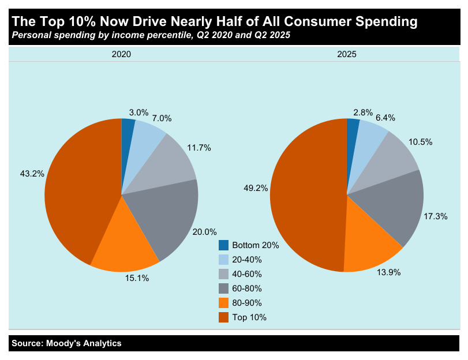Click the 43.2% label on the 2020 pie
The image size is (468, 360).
click(x=32, y=173)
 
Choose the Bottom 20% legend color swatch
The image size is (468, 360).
click(x=223, y=245)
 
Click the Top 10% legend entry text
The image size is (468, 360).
click(x=249, y=317)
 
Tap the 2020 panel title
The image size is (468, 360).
click(x=121, y=54)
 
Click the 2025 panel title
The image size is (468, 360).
click(x=347, y=54)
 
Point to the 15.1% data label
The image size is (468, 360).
click(x=137, y=278)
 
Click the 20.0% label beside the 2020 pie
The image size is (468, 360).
click(x=205, y=231)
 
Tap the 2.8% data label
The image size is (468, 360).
click(x=363, y=112)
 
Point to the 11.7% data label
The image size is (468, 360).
click(x=199, y=148)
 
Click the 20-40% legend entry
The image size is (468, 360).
click(x=246, y=260)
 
